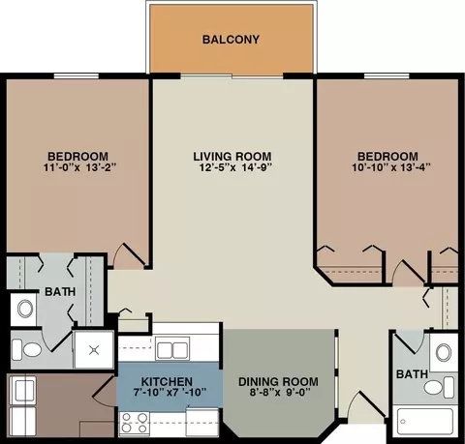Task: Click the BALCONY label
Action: tap(231, 40)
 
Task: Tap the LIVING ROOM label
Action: tap(232, 157)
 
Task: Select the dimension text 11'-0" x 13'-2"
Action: tap(79, 167)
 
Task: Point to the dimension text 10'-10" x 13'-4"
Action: tap(391, 167)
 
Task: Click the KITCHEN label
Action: tap(167, 382)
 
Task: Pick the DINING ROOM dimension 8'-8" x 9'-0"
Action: tap(280, 393)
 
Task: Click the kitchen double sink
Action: tap(172, 348)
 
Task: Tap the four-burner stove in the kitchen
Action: tap(135, 423)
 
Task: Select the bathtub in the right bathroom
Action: tap(424, 421)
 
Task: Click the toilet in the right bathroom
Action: tap(439, 387)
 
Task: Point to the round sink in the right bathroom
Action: tap(444, 352)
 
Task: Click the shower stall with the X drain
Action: tap(94, 350)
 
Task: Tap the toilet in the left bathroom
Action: tap(27, 349)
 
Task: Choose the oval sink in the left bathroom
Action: tap(25, 309)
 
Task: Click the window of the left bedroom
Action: tap(77, 76)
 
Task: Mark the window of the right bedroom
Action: tap(387, 76)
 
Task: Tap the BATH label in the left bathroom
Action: tap(60, 292)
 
